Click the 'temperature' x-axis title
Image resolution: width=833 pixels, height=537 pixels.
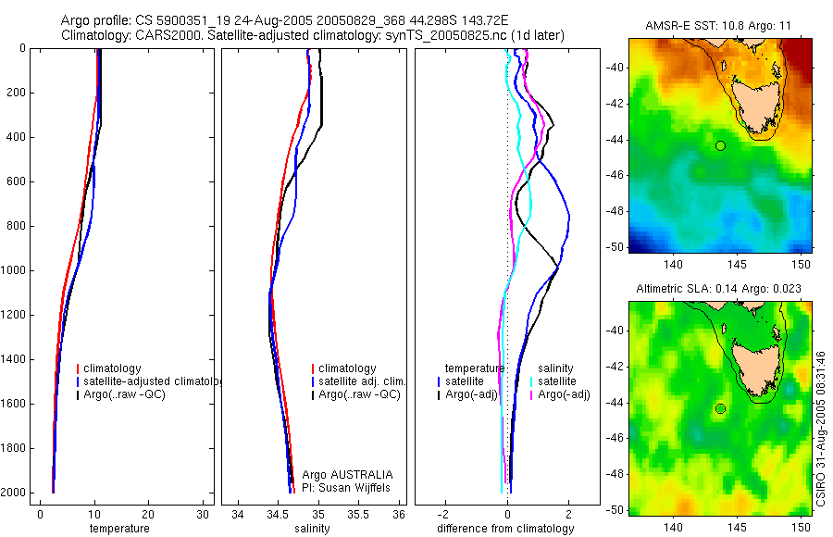coord(118,529)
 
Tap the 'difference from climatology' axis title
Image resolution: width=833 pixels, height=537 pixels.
coord(505,529)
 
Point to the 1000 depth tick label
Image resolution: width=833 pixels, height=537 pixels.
coord(14,271)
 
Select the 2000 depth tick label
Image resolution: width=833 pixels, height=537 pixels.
coord(14,493)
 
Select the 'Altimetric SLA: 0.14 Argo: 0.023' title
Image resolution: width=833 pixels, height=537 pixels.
coord(718,290)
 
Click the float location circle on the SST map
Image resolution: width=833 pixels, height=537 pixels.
coord(720,145)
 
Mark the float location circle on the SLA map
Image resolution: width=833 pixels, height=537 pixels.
coord(720,408)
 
